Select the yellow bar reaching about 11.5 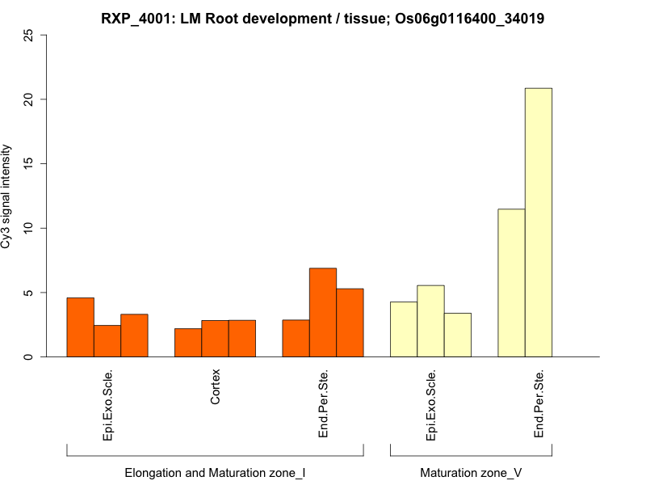[511, 283]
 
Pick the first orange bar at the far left [80, 327]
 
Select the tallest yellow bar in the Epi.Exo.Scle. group [430, 321]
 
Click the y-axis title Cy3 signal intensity [7, 196]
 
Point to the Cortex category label [216, 387]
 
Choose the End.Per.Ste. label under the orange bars [323, 404]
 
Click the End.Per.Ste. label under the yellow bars [539, 404]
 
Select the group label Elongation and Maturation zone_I [215, 472]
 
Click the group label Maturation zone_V [471, 472]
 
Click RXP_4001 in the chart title [134, 18]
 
